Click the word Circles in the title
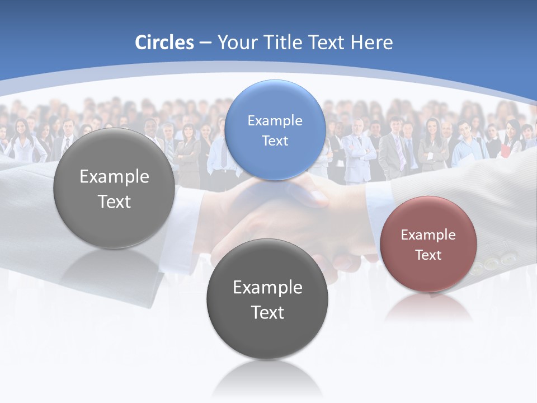point(164,43)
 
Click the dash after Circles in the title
point(205,43)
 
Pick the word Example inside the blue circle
point(275,121)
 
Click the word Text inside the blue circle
point(275,141)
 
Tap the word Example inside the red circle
point(428,235)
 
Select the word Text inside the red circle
point(428,255)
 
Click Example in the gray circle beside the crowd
point(114,177)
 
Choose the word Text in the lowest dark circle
point(267,312)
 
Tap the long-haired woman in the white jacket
point(22,143)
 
